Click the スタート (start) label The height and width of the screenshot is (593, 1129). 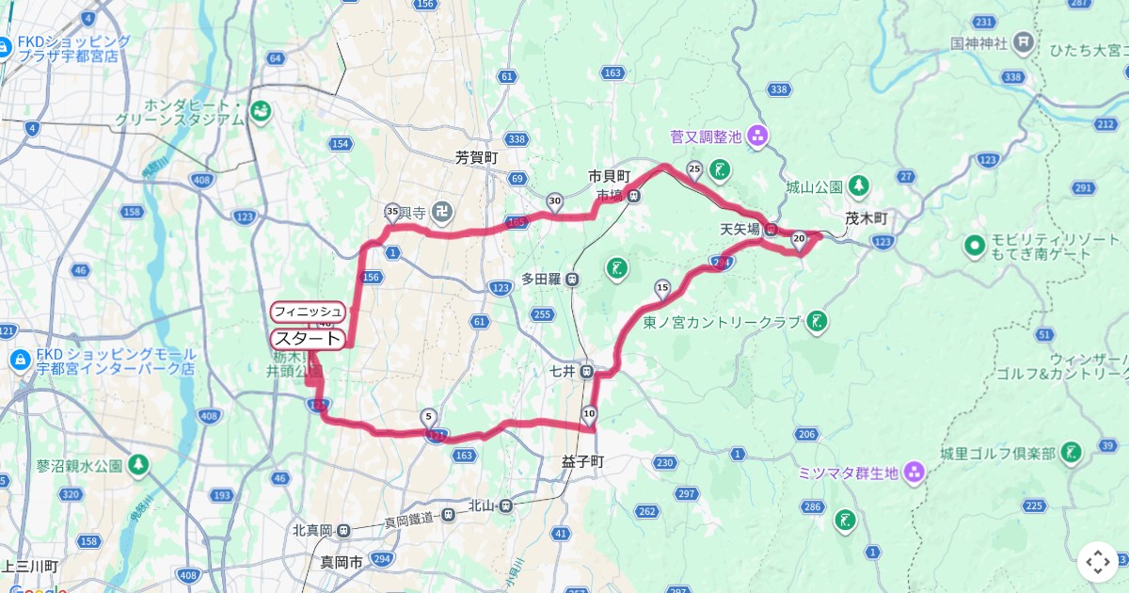(x=308, y=338)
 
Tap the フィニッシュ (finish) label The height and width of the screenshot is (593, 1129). (x=308, y=311)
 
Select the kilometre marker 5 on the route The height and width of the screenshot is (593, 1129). (x=429, y=416)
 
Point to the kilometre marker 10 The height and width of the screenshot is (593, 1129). (x=590, y=413)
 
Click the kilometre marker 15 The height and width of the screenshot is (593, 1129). (x=661, y=288)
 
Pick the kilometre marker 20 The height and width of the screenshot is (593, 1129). (x=799, y=241)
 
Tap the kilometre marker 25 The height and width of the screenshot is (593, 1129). (x=694, y=169)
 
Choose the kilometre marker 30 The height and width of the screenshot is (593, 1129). (x=555, y=200)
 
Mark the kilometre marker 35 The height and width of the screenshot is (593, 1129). (x=392, y=211)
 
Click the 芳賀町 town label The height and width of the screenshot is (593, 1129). (x=476, y=158)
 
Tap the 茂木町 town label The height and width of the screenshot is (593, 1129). (x=866, y=218)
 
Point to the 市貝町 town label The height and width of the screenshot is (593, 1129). (x=609, y=176)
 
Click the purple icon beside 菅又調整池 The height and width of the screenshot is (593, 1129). (x=758, y=137)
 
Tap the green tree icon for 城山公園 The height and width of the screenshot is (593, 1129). (x=857, y=185)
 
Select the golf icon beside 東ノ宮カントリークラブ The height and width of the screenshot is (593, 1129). (x=817, y=322)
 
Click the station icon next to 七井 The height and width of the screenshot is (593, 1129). (x=586, y=371)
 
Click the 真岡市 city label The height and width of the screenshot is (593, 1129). (x=342, y=562)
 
